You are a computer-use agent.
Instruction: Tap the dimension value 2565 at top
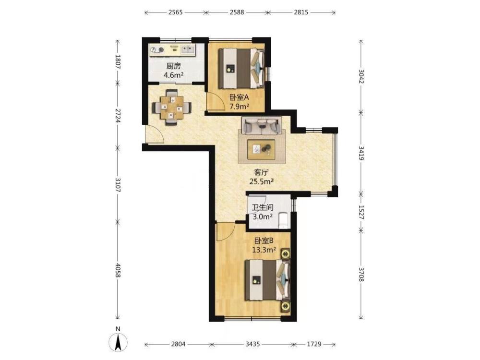(x=175, y=12)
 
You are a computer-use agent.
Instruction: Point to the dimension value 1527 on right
(x=361, y=212)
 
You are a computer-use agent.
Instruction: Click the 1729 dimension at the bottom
(x=314, y=344)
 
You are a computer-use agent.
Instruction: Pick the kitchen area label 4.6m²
(x=173, y=75)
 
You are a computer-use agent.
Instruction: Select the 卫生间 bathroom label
(x=263, y=207)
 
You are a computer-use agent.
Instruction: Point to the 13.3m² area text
(x=264, y=250)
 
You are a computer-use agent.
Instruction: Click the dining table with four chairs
(x=172, y=107)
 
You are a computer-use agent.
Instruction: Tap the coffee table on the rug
(x=261, y=149)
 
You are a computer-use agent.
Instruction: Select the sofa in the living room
(x=262, y=125)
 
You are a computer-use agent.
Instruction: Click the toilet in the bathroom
(x=284, y=220)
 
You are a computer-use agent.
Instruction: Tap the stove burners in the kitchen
(x=156, y=49)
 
